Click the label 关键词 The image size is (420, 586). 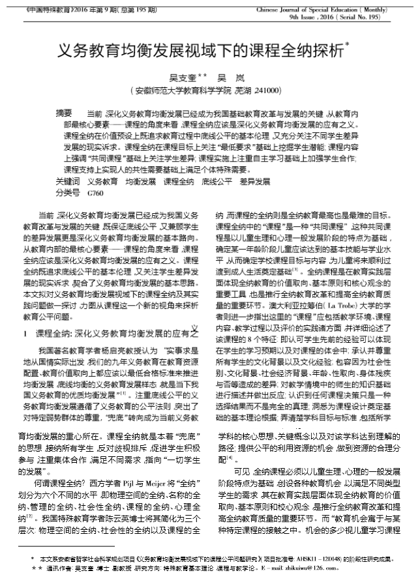click(x=68, y=181)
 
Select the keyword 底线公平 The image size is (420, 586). click(x=217, y=181)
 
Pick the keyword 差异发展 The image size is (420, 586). click(x=254, y=181)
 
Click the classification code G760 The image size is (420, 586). click(x=95, y=193)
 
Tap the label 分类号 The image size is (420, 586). click(x=68, y=193)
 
